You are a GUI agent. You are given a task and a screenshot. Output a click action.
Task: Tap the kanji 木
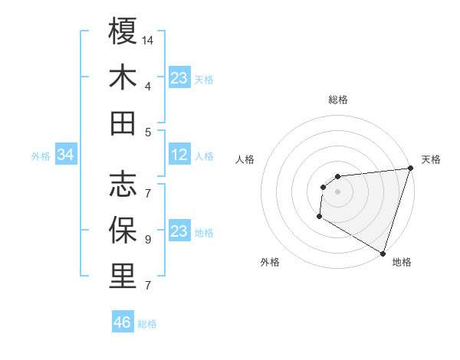(123, 77)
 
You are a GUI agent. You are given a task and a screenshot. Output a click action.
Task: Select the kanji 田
(123, 123)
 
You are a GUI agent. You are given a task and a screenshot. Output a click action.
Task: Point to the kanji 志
(123, 184)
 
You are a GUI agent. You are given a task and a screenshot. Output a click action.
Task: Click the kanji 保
(123, 230)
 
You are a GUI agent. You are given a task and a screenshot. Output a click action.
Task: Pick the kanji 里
(123, 276)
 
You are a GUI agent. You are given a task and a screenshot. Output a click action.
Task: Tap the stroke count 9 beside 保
(148, 240)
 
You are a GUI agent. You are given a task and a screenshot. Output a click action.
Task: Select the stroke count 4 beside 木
(148, 87)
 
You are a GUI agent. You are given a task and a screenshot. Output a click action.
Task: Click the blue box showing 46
(123, 322)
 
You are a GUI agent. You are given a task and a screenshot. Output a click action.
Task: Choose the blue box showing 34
(65, 155)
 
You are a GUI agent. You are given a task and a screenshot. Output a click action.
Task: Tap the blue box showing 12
(179, 155)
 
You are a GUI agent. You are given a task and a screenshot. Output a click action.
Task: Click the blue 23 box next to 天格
(179, 78)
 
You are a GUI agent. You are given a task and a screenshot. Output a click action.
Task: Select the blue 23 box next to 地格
(179, 231)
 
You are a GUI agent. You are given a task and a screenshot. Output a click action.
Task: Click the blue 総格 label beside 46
(147, 324)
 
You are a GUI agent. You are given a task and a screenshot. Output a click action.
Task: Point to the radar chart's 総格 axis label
(338, 100)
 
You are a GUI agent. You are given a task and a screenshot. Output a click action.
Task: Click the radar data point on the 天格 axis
(410, 169)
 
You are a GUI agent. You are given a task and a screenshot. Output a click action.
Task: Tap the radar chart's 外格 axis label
(270, 263)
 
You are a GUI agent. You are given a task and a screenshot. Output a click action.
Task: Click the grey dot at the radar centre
(337, 191)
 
